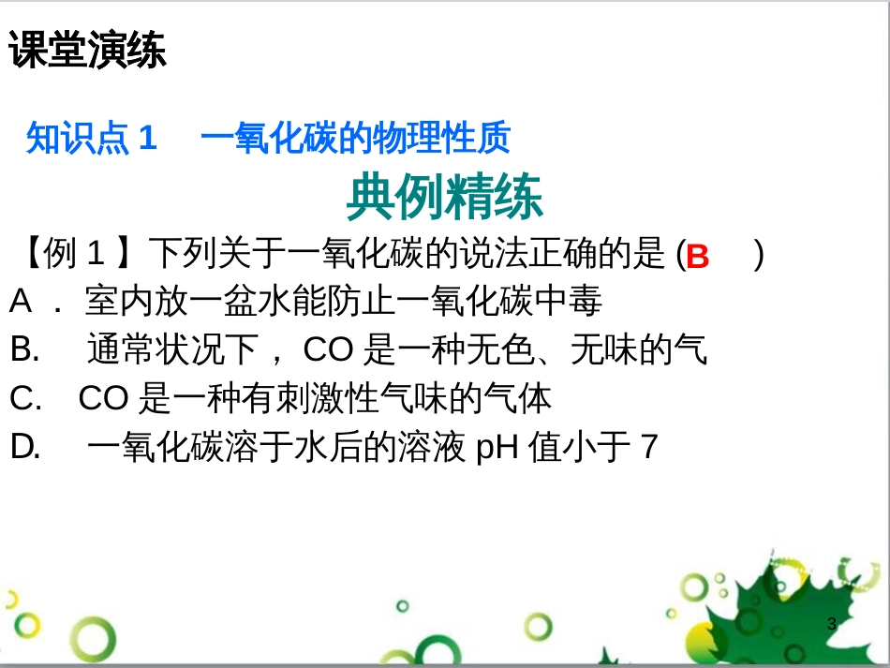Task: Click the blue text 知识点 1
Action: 91,139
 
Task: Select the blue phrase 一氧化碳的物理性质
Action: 355,139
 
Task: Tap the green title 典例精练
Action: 444,198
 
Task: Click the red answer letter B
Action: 698,257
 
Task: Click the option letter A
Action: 22,302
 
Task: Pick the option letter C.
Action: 25,399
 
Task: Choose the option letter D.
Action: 25,448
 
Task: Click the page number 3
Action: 832,624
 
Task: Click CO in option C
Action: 103,399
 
